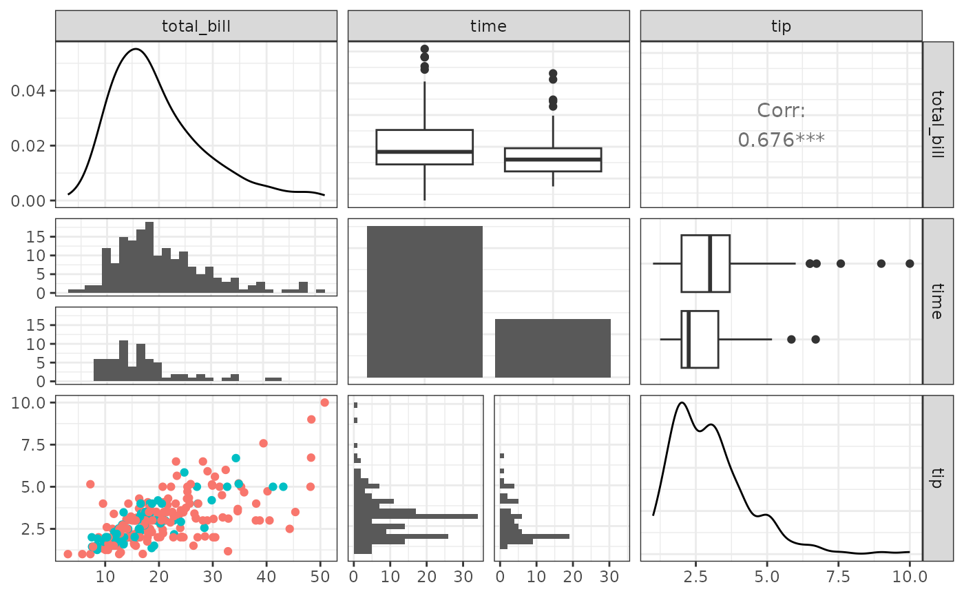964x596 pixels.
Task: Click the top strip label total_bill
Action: (x=196, y=26)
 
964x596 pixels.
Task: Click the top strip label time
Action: (x=488, y=26)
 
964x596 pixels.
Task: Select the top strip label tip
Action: (x=781, y=26)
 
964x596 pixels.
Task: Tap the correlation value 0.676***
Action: (x=781, y=140)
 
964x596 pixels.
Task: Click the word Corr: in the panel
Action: (x=781, y=110)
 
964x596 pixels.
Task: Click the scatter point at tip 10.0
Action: (x=324, y=402)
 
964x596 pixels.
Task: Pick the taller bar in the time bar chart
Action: (x=425, y=301)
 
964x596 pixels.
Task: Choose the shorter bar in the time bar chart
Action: (x=553, y=348)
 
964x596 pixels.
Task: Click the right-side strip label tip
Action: (x=933, y=477)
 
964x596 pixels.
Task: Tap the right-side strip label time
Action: (x=933, y=300)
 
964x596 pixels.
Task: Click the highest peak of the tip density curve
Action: (x=682, y=402)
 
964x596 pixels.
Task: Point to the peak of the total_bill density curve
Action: (x=136, y=49)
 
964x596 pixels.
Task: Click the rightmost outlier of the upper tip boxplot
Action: (x=910, y=263)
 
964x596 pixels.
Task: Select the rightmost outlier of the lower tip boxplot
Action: (x=815, y=339)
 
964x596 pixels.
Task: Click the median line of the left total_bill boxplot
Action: (x=424, y=152)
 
